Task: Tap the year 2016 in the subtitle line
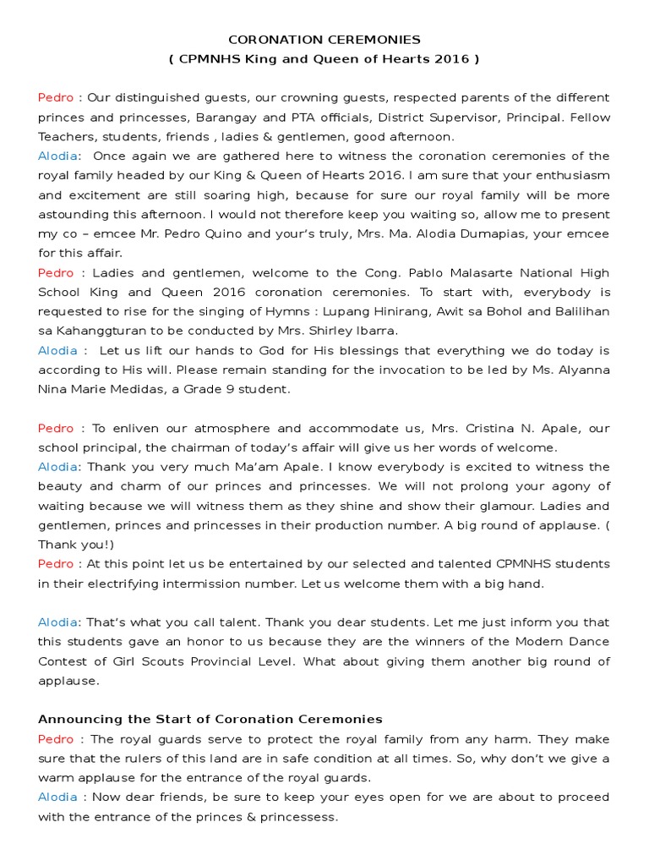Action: (455, 59)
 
